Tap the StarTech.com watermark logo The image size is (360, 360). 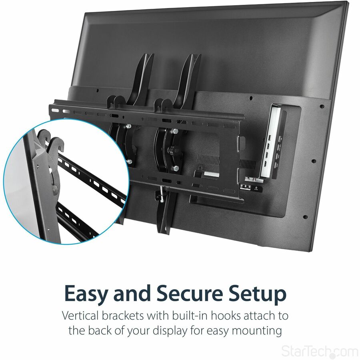pos(320,351)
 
